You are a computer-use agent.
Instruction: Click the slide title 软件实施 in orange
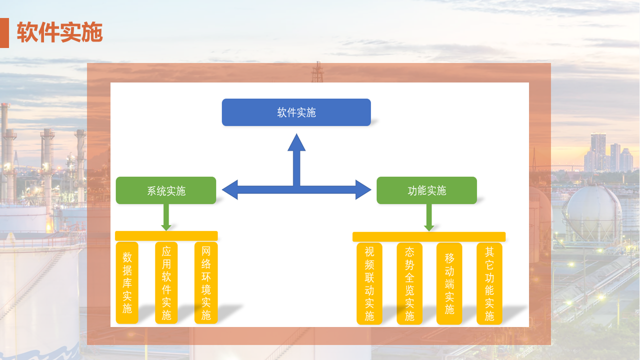click(59, 32)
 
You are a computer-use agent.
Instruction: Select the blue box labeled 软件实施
click(296, 112)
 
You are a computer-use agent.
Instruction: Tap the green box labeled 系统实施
click(166, 190)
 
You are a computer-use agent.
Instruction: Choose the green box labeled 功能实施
click(426, 190)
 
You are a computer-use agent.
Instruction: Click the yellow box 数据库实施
click(127, 282)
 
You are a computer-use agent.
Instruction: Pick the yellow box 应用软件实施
click(166, 282)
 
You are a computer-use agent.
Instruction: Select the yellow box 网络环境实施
click(206, 282)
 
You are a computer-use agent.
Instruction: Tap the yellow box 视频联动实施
click(369, 283)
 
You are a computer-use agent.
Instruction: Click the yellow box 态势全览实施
click(409, 283)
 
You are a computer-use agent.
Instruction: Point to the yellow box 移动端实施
click(449, 283)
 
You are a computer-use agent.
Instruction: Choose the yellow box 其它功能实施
click(489, 283)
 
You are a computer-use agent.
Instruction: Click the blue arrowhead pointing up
click(296, 143)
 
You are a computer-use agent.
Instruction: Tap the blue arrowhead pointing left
click(230, 189)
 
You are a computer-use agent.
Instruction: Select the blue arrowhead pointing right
click(363, 189)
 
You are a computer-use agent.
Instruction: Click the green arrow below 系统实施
click(166, 217)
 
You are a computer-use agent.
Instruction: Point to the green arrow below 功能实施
click(429, 217)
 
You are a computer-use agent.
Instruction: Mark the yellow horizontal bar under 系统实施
click(166, 236)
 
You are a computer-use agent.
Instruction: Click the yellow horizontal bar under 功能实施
click(429, 237)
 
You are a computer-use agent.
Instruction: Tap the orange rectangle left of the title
click(4, 33)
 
